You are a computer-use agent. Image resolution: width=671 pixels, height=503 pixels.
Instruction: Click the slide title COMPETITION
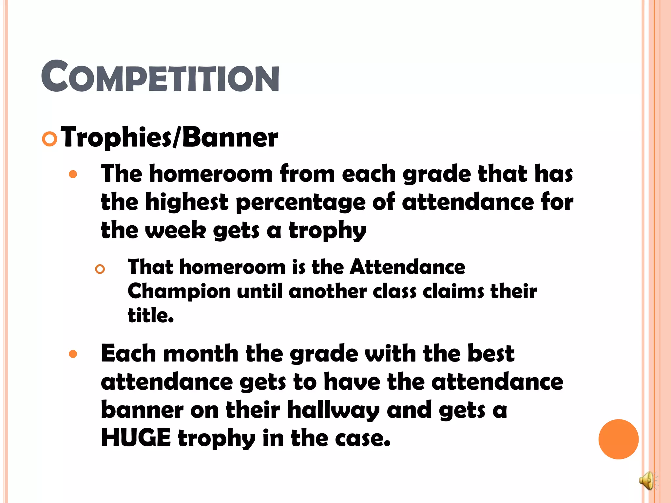[160, 76]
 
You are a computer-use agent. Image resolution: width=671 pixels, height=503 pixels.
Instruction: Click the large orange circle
[618, 439]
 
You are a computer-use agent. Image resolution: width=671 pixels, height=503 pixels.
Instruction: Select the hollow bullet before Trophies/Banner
[50, 139]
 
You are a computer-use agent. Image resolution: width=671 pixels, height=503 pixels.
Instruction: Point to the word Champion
[179, 291]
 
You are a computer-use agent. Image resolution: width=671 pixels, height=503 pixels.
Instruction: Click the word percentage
[300, 202]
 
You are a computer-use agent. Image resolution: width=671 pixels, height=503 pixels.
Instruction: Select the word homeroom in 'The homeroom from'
[211, 174]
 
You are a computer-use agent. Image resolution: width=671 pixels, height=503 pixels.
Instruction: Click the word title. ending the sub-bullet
[151, 315]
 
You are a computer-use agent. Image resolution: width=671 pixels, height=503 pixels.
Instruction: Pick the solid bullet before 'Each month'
[73, 354]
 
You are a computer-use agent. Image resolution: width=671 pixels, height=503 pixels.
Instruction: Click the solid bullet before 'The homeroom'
[73, 174]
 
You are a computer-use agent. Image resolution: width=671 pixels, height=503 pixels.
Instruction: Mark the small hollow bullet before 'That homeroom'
[100, 269]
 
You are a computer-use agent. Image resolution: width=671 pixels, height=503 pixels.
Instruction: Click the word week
[176, 230]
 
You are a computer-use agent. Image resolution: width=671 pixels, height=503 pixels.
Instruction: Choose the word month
[201, 354]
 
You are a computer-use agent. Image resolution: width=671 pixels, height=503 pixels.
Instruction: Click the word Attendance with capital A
[407, 267]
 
